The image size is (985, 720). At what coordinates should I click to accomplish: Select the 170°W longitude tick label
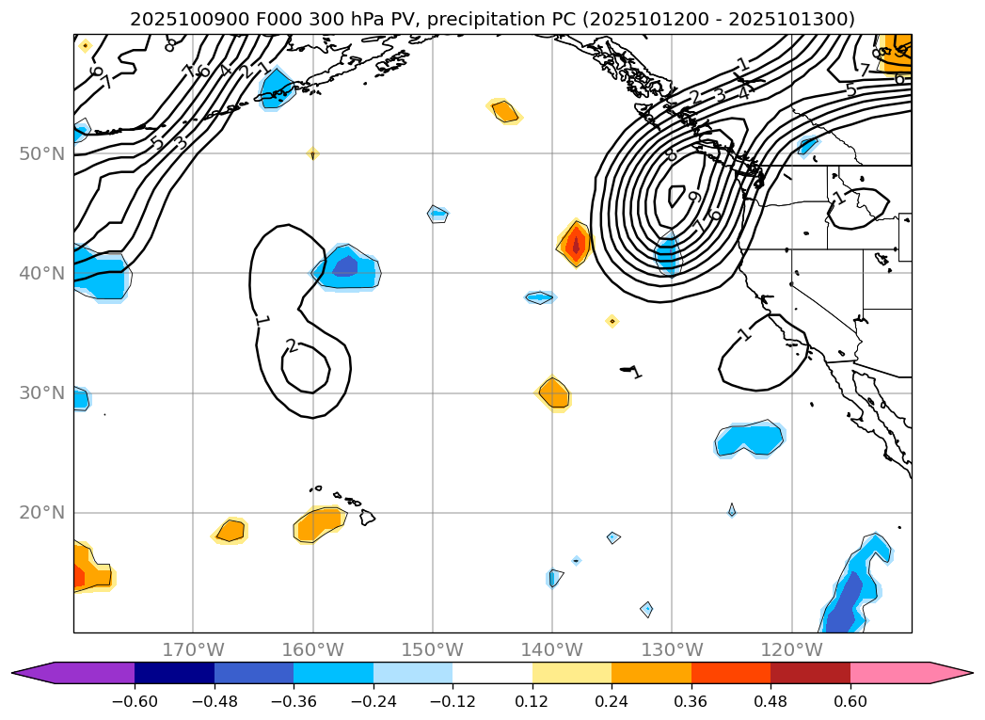click(193, 649)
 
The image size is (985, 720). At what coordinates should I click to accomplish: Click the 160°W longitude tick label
click(312, 649)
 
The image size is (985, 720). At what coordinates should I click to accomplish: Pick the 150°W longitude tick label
click(433, 649)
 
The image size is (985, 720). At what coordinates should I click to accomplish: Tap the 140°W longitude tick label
click(552, 649)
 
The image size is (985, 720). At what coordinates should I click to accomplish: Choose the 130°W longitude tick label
click(672, 649)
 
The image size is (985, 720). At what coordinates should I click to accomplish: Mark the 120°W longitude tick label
click(791, 649)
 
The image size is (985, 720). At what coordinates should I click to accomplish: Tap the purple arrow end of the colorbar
click(33, 673)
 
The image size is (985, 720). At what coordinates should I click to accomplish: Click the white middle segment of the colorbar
click(492, 673)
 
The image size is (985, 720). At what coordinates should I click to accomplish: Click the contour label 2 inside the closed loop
click(292, 346)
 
